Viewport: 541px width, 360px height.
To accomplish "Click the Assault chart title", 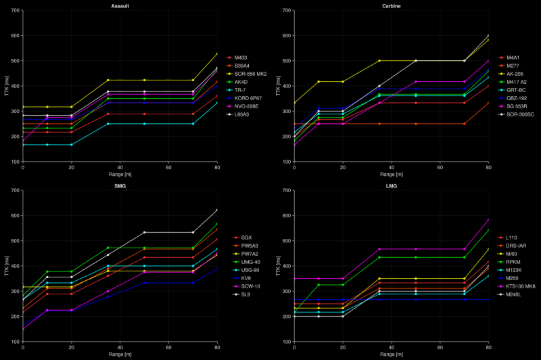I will coord(120,6).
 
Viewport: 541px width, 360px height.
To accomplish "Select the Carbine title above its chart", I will coord(391,6).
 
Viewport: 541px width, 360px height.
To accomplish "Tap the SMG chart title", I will coord(120,185).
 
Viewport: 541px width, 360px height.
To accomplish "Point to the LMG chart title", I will coord(391,185).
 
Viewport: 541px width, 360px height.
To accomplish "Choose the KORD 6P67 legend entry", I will coord(250,98).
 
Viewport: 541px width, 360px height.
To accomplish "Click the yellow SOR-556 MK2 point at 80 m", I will coord(217,53).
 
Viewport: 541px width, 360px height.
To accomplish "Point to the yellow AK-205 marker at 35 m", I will coord(379,61).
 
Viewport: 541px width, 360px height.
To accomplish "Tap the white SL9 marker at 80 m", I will coord(217,210).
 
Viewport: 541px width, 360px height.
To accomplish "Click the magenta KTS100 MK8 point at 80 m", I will coord(488,219).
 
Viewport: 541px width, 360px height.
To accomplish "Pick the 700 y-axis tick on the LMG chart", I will coord(287,190).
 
